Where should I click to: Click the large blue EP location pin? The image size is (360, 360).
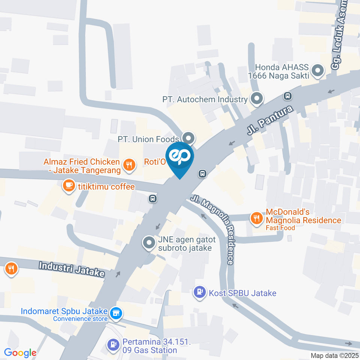coord(180,157)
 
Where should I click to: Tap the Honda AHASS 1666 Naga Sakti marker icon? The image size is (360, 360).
coord(318,71)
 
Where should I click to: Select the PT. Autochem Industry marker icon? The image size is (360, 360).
coord(257,99)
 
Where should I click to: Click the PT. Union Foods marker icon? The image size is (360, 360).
coord(188,139)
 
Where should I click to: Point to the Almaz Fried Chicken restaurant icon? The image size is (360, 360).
coord(129,165)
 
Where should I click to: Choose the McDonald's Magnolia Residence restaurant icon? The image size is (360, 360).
coord(256,218)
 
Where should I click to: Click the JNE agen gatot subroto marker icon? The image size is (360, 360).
coord(149,243)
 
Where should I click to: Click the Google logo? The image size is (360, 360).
coord(20,353)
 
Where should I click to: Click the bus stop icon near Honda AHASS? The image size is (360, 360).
coord(288,96)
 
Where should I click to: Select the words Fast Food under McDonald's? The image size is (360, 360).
coord(280,228)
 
